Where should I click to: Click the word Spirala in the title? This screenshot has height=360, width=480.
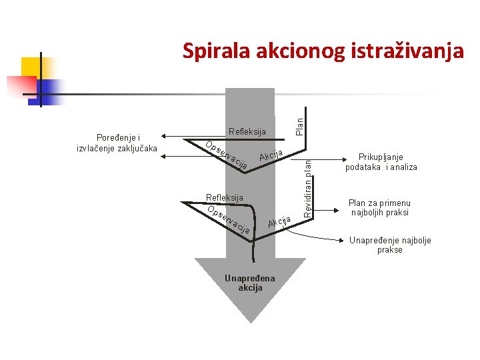[211, 51]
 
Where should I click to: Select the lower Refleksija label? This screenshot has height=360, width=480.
[225, 197]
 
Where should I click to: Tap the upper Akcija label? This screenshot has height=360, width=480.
[272, 156]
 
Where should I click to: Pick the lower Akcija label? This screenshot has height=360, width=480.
[279, 221]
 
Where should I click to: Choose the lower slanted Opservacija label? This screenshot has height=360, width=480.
[229, 221]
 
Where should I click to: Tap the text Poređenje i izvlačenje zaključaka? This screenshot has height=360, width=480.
[117, 143]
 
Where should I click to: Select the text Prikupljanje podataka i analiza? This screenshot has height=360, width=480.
[381, 162]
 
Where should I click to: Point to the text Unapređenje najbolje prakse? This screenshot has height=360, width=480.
[390, 245]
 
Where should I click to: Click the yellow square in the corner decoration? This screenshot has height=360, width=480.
[31, 67]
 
